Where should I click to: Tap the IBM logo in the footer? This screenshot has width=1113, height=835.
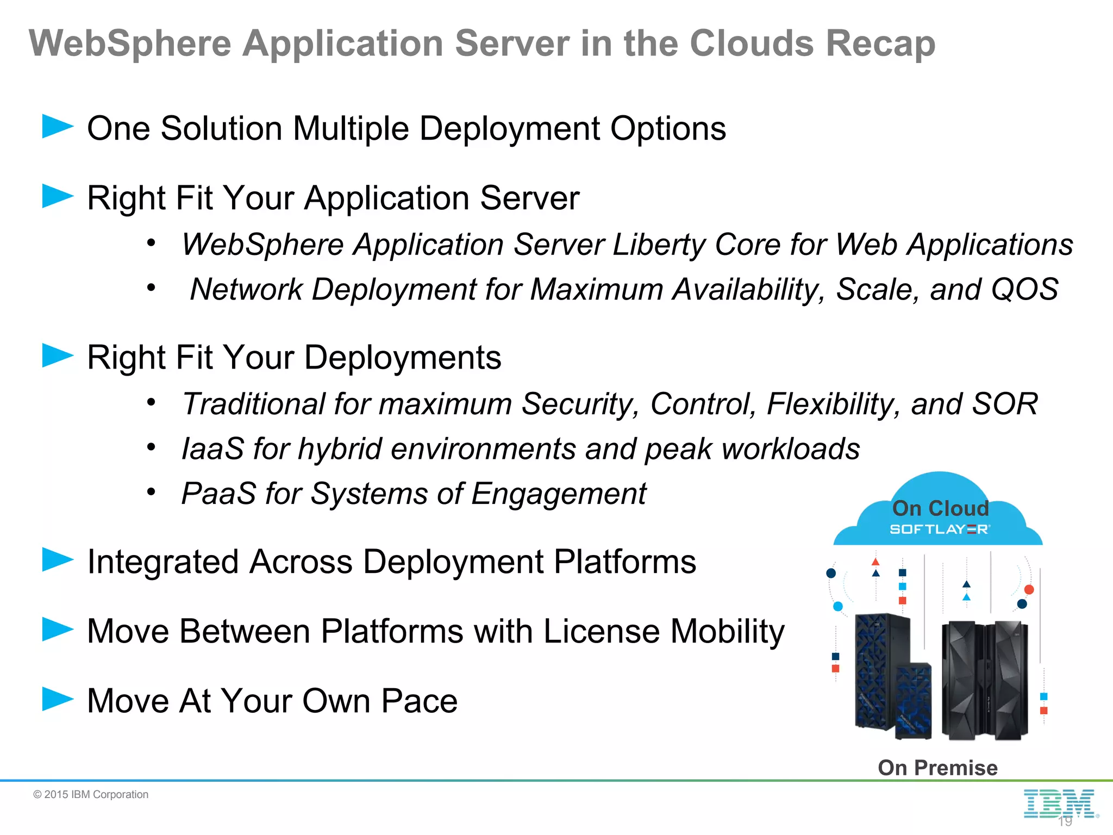click(x=1059, y=803)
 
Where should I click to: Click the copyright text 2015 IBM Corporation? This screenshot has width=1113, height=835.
click(x=91, y=794)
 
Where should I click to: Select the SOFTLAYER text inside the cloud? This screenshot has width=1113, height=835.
click(x=940, y=529)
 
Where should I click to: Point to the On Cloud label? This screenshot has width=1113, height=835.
click(x=940, y=508)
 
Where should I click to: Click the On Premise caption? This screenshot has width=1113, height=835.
click(x=937, y=768)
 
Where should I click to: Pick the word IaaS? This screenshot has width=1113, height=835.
click(x=212, y=449)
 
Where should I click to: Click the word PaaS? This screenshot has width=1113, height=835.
click(x=218, y=494)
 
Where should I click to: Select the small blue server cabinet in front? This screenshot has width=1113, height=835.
click(x=913, y=700)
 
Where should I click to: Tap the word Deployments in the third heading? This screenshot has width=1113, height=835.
click(x=402, y=358)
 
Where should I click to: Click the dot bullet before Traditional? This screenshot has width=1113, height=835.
click(x=151, y=403)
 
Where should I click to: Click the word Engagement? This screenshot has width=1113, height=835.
click(x=559, y=494)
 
